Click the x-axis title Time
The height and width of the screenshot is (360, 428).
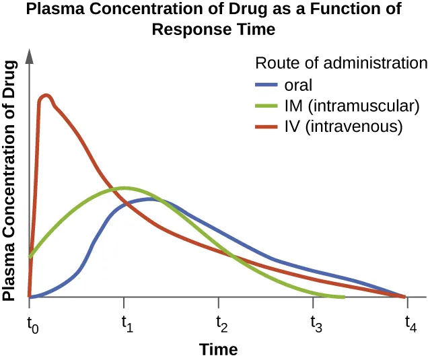(218, 349)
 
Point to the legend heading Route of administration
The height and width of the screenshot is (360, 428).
(341, 63)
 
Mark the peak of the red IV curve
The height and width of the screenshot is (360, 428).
(46, 96)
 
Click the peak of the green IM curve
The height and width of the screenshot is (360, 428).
(124, 188)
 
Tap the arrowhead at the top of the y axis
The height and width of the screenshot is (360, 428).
(30, 55)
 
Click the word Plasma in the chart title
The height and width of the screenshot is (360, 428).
(60, 11)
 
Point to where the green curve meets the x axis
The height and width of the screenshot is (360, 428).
(343, 297)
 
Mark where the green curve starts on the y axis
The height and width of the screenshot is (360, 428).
(30, 256)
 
